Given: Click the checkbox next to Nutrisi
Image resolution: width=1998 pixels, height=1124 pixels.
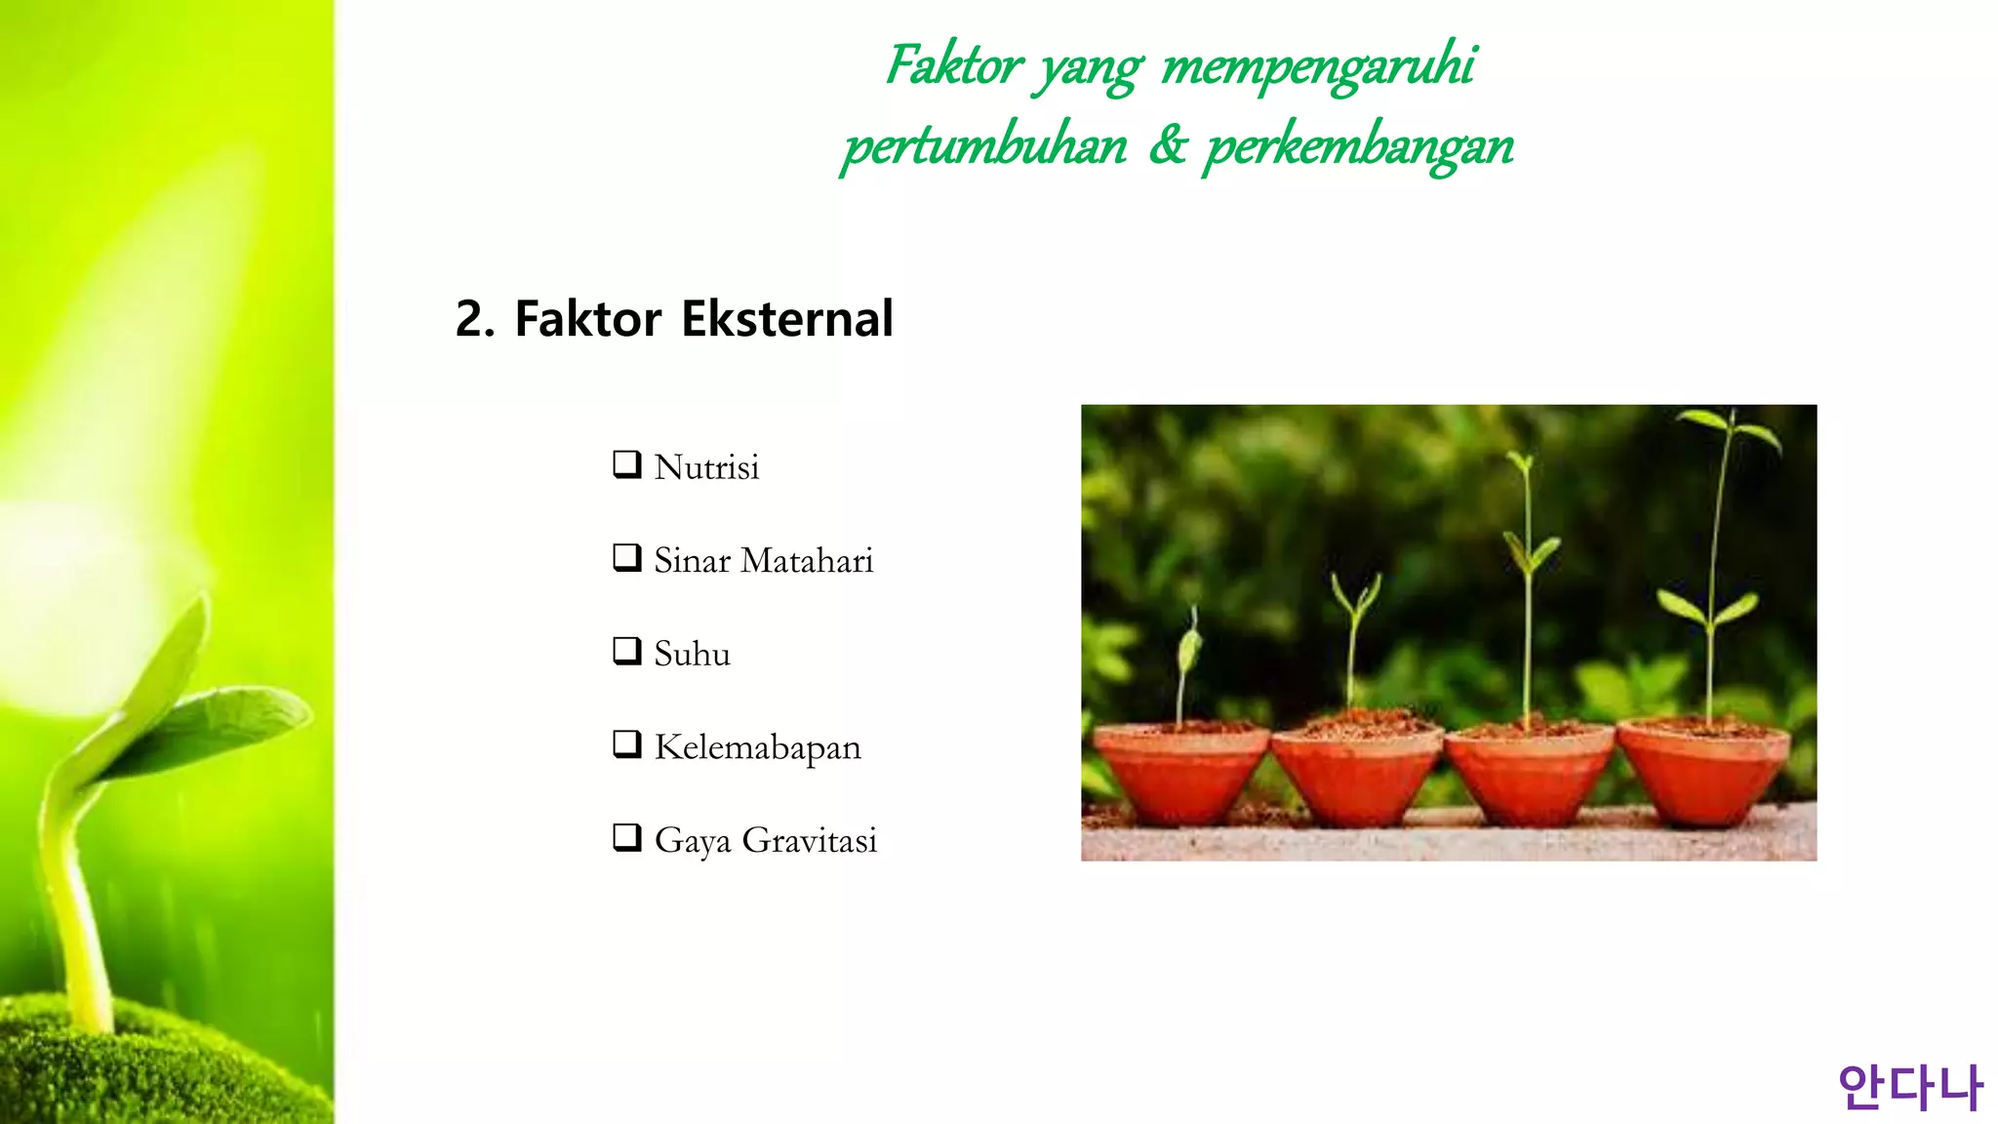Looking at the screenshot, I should [x=626, y=463].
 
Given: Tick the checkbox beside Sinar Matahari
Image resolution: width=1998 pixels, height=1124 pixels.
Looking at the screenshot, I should [x=626, y=557].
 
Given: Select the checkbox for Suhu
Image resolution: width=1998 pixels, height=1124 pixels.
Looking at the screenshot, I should [x=626, y=650].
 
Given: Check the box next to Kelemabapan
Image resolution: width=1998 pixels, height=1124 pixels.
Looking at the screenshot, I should [x=626, y=743].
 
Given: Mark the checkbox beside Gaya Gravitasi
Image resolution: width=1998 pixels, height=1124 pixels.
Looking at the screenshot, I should [x=626, y=837].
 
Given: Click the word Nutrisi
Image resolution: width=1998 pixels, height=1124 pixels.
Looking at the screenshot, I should [x=706, y=467].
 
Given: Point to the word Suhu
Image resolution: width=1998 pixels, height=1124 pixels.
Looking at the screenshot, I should [x=692, y=654].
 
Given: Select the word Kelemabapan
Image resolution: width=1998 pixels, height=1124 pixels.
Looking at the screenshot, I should [x=757, y=747].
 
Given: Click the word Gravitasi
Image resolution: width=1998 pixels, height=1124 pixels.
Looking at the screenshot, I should [x=809, y=840].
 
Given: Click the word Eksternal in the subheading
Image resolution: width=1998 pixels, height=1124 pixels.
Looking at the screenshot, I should [x=786, y=319].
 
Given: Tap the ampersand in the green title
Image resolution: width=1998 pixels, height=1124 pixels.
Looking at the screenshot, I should [x=1167, y=145].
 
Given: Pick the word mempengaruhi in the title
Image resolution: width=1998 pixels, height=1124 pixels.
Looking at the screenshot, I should [x=1318, y=66].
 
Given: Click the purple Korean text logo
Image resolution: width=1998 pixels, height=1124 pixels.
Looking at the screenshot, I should [x=1909, y=1087].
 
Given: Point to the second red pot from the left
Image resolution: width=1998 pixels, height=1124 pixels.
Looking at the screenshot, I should [x=1355, y=776].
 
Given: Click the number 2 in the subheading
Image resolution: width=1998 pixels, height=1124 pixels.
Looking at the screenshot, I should [x=473, y=319].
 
